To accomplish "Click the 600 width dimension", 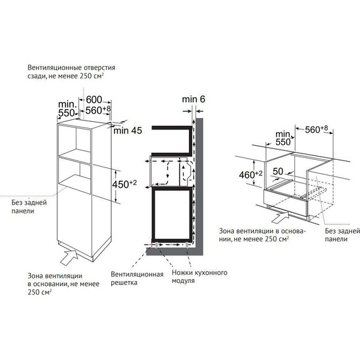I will point(94,99).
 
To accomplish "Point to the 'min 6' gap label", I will point(194,99).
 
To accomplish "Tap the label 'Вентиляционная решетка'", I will point(137,279).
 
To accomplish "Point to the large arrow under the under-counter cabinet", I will point(277,217).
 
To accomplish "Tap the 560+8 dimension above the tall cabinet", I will point(97,110).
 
